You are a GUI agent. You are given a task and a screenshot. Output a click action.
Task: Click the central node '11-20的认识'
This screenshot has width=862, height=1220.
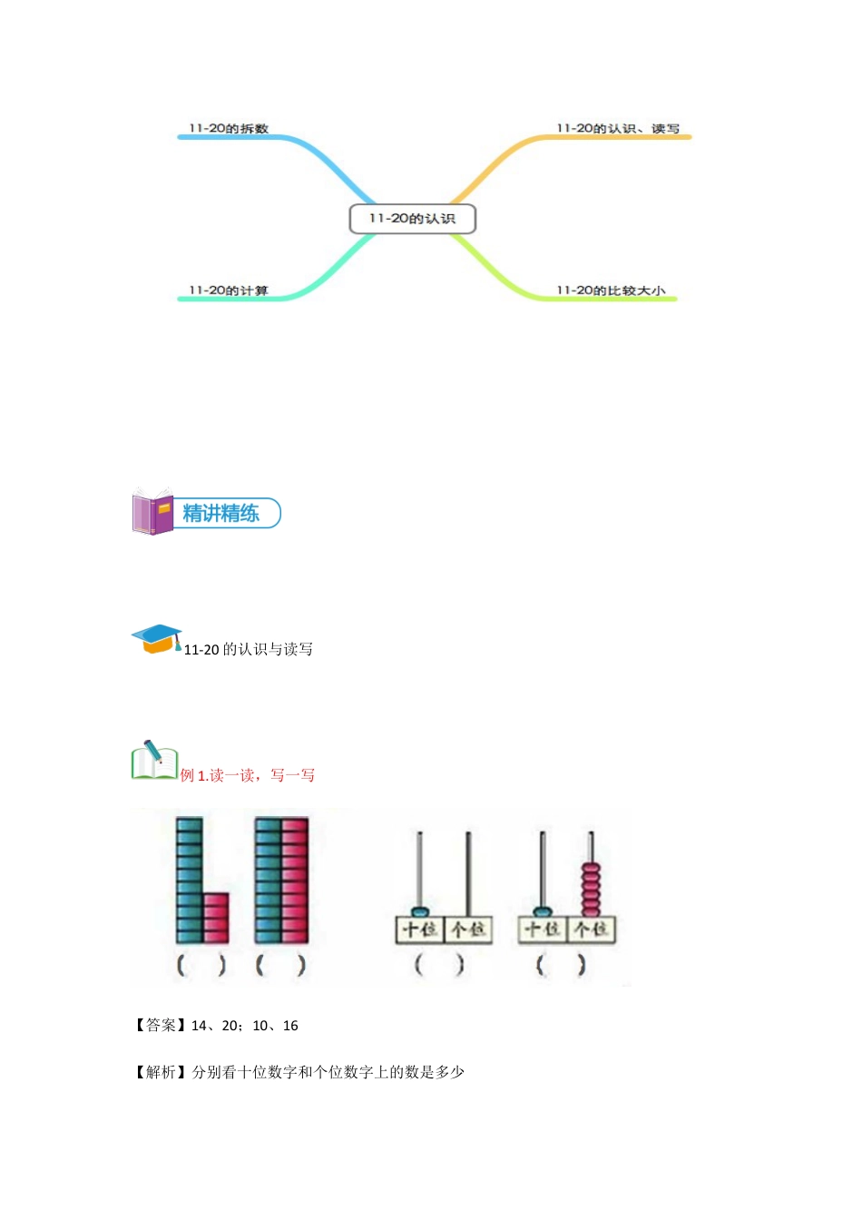[x=412, y=219]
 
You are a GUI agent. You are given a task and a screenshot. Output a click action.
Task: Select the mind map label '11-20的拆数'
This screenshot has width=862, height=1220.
[x=229, y=129]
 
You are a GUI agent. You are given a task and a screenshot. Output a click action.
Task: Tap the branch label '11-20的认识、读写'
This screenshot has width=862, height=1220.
[x=618, y=129]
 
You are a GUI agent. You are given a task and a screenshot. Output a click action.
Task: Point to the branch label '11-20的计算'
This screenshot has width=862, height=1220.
[x=229, y=290]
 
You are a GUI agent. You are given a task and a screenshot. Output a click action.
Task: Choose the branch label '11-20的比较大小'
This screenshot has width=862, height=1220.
[x=611, y=290]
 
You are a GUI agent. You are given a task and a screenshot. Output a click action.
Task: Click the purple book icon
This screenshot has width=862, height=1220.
[x=152, y=512]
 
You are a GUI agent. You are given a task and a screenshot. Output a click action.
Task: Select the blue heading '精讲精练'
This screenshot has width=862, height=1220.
[x=221, y=513]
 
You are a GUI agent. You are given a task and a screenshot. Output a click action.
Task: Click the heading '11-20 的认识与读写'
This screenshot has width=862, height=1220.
[x=248, y=649]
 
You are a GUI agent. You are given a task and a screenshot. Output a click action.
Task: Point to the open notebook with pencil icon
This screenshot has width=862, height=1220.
[x=154, y=761]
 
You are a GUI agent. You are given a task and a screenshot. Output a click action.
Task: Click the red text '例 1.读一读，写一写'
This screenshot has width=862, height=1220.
[x=248, y=775]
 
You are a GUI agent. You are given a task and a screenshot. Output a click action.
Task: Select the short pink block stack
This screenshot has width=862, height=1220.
[x=216, y=918]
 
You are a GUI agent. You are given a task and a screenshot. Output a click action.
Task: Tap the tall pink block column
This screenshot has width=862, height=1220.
[x=295, y=881]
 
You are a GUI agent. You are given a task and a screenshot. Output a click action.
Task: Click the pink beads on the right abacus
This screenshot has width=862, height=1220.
[x=591, y=889]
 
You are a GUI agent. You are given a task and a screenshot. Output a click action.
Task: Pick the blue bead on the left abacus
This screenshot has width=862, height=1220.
[x=420, y=910]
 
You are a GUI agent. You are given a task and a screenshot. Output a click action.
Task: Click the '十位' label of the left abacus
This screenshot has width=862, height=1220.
[x=420, y=930]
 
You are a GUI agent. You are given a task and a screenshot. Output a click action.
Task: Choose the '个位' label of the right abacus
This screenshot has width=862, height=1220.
[x=592, y=930]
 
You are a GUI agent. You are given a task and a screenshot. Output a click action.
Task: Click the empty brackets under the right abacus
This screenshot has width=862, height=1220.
[x=561, y=964]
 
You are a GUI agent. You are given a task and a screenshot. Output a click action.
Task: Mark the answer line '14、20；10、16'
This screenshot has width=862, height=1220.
[x=245, y=1026]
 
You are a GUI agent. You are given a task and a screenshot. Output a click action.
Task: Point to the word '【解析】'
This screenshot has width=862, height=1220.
[x=162, y=1072]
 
